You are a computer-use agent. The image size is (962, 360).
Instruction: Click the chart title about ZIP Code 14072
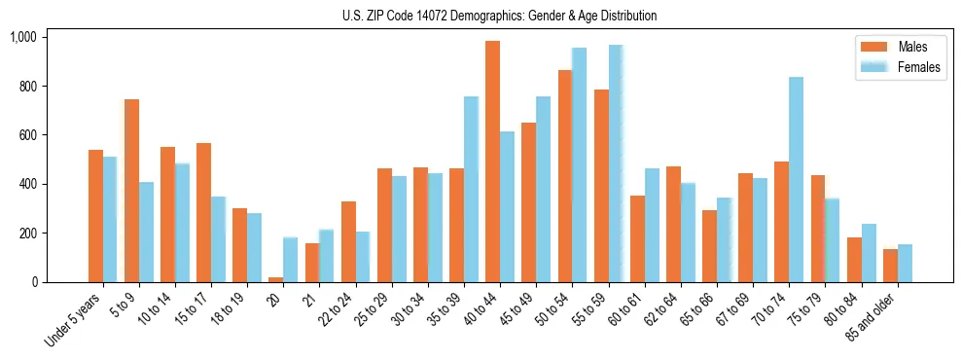pyautogui.click(x=499, y=16)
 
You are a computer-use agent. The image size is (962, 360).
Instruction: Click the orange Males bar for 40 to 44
pyautogui.click(x=492, y=162)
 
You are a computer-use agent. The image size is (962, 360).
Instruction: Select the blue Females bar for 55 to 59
pyautogui.click(x=616, y=163)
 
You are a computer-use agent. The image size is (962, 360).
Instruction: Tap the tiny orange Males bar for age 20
pyautogui.click(x=276, y=279)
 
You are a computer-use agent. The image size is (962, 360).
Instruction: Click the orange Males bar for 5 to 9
pyautogui.click(x=131, y=191)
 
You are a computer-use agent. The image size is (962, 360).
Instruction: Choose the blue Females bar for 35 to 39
pyautogui.click(x=471, y=190)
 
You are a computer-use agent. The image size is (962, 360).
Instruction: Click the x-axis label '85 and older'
pyautogui.click(x=873, y=317)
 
